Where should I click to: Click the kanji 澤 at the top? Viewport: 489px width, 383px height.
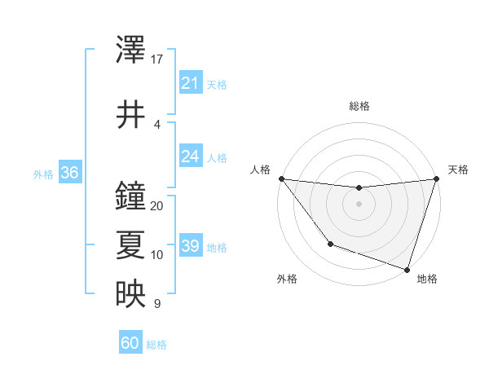[x=130, y=51]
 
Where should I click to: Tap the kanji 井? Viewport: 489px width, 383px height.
[x=130, y=115]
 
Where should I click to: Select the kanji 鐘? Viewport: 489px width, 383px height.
[x=130, y=196]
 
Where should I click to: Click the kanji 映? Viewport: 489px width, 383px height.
[x=130, y=295]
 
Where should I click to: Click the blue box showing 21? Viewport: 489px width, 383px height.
[x=190, y=82]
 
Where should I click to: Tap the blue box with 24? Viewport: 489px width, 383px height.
[x=190, y=156]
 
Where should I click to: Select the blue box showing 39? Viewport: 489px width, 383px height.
[x=190, y=246]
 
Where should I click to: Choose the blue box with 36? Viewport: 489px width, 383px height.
[x=69, y=173]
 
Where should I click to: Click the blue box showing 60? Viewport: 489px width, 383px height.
[x=130, y=343]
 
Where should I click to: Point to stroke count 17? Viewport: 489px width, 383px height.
[x=157, y=59]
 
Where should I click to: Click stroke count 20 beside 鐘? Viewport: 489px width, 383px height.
[x=157, y=205]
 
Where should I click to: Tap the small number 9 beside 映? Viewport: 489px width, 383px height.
[x=157, y=304]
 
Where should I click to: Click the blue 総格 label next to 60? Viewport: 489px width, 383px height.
[x=156, y=345]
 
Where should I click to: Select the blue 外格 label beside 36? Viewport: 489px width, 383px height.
[x=43, y=174]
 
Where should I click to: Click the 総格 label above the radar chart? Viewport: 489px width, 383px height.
[x=359, y=106]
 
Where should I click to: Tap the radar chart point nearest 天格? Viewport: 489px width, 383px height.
[x=436, y=178]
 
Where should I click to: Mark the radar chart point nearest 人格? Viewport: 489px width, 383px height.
[x=281, y=178]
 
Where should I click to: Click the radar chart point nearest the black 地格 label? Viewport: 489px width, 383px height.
[x=407, y=269]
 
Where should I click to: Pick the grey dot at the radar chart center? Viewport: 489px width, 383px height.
[x=359, y=204]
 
